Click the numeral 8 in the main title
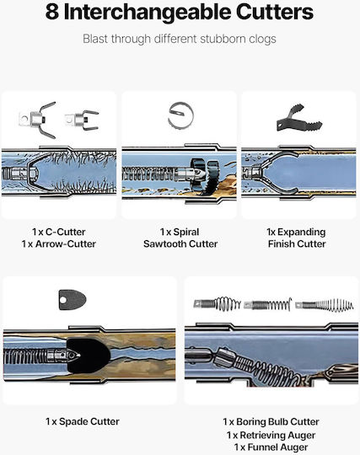(x=52, y=12)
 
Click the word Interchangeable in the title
(x=148, y=13)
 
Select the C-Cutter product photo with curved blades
(x=37, y=120)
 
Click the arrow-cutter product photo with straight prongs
(x=82, y=120)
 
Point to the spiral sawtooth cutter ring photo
(x=180, y=115)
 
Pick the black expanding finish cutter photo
(x=299, y=118)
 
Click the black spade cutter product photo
(x=73, y=300)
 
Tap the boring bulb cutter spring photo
(x=218, y=304)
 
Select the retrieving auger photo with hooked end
(x=267, y=305)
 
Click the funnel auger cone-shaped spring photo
(x=325, y=305)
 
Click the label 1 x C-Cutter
(x=59, y=232)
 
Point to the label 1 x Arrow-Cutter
(x=59, y=244)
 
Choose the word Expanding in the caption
(x=301, y=233)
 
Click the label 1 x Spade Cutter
(x=83, y=421)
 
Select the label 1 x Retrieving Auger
(x=271, y=435)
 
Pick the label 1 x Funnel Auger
(x=271, y=447)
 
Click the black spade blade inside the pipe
(x=89, y=356)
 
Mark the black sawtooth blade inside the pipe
(x=204, y=174)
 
